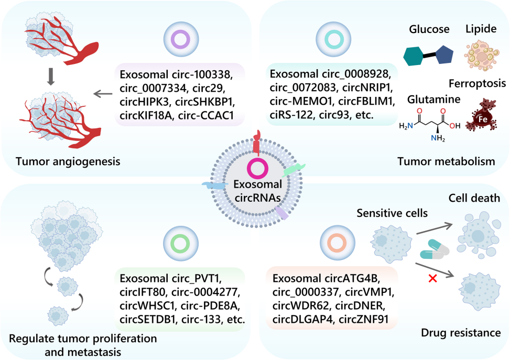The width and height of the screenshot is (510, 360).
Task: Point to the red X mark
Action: (433, 279)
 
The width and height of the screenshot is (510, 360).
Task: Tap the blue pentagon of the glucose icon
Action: (446, 53)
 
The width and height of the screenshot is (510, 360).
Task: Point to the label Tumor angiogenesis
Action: (68, 162)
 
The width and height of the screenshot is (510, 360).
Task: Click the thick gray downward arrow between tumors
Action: (51, 77)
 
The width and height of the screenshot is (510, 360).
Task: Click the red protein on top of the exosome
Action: (256, 141)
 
